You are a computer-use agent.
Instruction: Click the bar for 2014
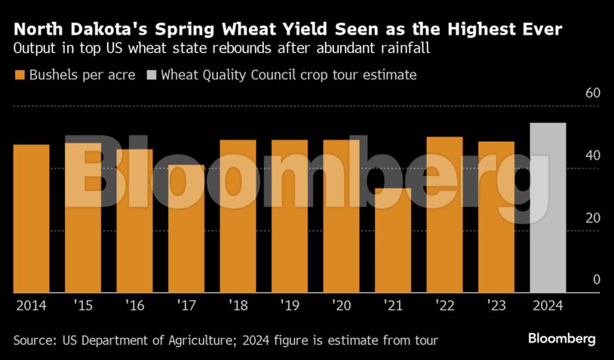point(31,219)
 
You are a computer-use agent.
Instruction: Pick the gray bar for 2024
point(548,208)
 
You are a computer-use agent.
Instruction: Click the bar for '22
point(444,214)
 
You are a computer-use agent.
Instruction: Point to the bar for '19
point(290,216)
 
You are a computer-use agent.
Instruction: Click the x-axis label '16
point(134,306)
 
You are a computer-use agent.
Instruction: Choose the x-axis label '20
point(341,306)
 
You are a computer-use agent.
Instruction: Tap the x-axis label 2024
point(548,306)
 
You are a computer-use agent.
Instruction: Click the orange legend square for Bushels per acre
point(20,75)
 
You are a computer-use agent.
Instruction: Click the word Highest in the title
point(449,30)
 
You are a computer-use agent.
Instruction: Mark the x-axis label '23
point(496,306)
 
